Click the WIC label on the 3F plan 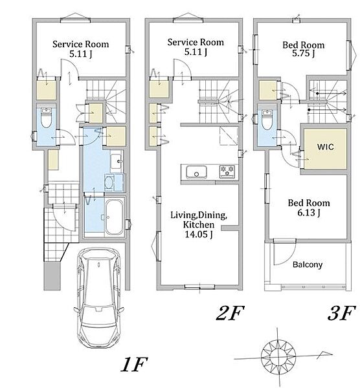pos(325,147)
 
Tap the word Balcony pos(308,264)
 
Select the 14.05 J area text pos(199,234)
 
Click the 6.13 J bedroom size pos(309,212)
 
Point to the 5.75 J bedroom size pos(303,53)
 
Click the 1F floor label pos(134,365)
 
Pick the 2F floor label pos(230,313)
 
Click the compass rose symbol pos(278,358)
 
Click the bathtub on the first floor pos(114,217)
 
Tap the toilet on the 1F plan pos(46,118)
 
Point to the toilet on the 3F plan pos(267,120)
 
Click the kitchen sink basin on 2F pos(196,172)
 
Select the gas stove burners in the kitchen pos(227,171)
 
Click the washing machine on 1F pos(109,182)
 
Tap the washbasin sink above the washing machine pos(116,161)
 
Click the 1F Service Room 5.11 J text pos(80,49)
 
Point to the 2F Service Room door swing pos(182,68)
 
